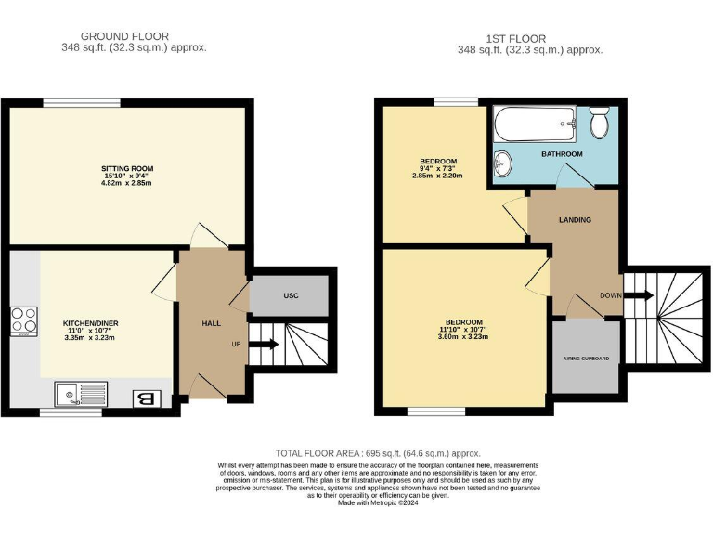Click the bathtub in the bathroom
point(537,123)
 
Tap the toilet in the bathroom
point(599,120)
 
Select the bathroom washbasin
point(502,164)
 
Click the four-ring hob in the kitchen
point(24,320)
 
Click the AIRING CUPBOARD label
point(586,358)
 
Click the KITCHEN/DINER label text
point(91,323)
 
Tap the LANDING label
point(576,220)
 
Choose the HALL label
point(211,322)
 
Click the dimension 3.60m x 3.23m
point(464,338)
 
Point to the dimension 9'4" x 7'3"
point(438,168)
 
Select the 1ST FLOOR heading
point(530,39)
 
